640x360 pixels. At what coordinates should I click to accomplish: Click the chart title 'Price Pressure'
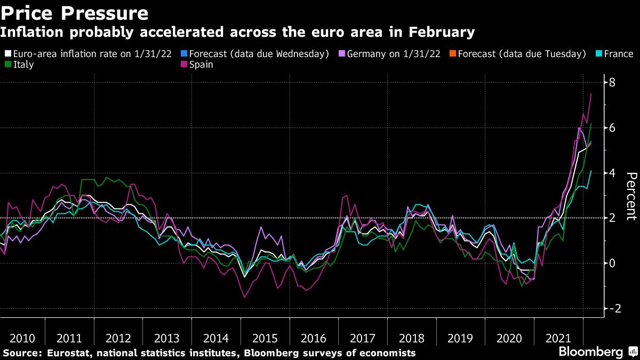75,12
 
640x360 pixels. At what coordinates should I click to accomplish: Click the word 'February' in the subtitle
441,33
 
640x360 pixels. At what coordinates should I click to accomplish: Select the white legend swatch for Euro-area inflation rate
7,54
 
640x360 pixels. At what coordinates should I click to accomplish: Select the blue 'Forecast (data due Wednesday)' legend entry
255,54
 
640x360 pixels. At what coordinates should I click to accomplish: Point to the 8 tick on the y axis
613,83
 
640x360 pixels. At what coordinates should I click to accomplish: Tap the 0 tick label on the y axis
613,263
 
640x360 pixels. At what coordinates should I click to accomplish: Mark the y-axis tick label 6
613,128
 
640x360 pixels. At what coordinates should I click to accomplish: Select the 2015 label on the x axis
265,338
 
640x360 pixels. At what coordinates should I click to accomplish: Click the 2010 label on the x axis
22,338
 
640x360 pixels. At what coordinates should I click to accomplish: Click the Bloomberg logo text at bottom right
590,353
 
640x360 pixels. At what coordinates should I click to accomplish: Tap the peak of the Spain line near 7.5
591,94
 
